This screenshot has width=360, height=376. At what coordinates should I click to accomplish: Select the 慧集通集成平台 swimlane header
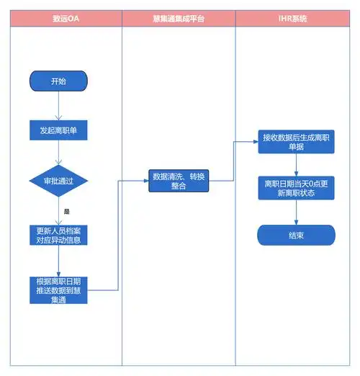[x=179, y=19]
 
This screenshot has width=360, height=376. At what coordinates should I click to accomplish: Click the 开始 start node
[x=58, y=81]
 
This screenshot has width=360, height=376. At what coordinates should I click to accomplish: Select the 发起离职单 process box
[x=58, y=130]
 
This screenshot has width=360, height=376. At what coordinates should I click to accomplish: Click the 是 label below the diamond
[x=66, y=212]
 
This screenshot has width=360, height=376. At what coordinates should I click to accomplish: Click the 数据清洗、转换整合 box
[x=179, y=181]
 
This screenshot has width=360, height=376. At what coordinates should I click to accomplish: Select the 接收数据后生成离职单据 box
[x=296, y=141]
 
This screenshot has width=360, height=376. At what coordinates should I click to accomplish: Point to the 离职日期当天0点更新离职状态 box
[x=296, y=187]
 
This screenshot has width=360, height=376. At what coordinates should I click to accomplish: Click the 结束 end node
[x=296, y=236]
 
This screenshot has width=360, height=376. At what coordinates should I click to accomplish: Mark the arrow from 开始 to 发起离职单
[x=58, y=105]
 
